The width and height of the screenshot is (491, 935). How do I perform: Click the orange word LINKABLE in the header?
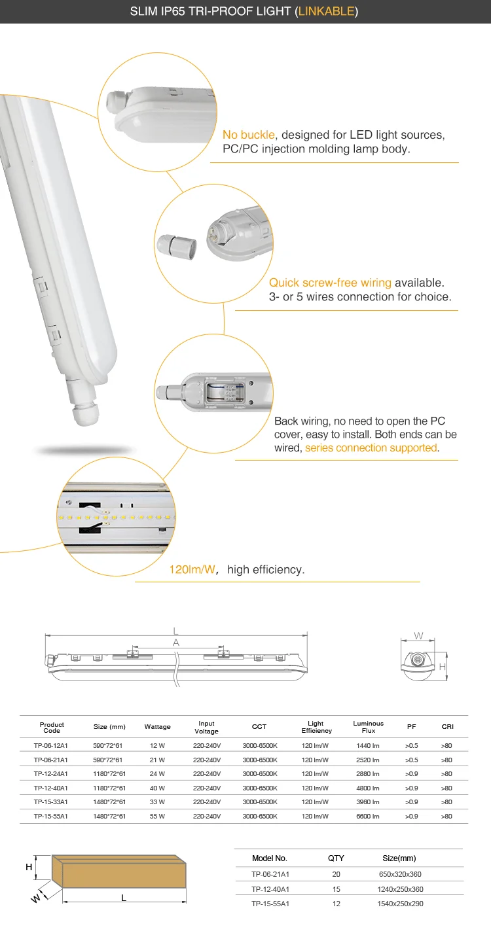coord(327,11)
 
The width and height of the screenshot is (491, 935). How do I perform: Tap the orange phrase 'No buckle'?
coord(248,135)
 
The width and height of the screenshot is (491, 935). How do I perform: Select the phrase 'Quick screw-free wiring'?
coord(330,283)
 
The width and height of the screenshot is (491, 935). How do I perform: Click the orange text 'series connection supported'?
coord(371,448)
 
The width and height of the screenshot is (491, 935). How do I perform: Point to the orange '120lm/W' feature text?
coord(192,570)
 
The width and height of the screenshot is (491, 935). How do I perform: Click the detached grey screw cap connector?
coord(175,246)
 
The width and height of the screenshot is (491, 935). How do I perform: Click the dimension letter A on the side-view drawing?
coord(175,643)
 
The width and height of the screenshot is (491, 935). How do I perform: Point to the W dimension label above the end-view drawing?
coord(418,636)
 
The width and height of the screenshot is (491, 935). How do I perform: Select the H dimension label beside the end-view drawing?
coord(442,667)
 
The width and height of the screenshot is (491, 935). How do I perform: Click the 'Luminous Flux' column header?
coord(368,727)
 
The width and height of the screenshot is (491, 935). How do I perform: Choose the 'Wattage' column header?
coord(157,727)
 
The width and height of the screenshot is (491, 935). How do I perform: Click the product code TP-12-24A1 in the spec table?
coord(50,774)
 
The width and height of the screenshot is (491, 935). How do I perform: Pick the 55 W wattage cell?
coord(157,817)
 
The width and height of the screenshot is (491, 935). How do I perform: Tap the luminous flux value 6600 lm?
coord(368,817)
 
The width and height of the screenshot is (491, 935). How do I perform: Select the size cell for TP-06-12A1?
coord(108,745)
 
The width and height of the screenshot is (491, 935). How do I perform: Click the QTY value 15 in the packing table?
coord(336,889)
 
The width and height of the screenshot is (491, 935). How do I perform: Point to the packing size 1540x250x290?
coord(400,904)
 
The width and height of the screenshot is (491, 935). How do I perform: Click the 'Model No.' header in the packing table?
coord(269,858)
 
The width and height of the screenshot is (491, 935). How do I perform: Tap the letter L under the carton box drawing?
coord(124,898)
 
